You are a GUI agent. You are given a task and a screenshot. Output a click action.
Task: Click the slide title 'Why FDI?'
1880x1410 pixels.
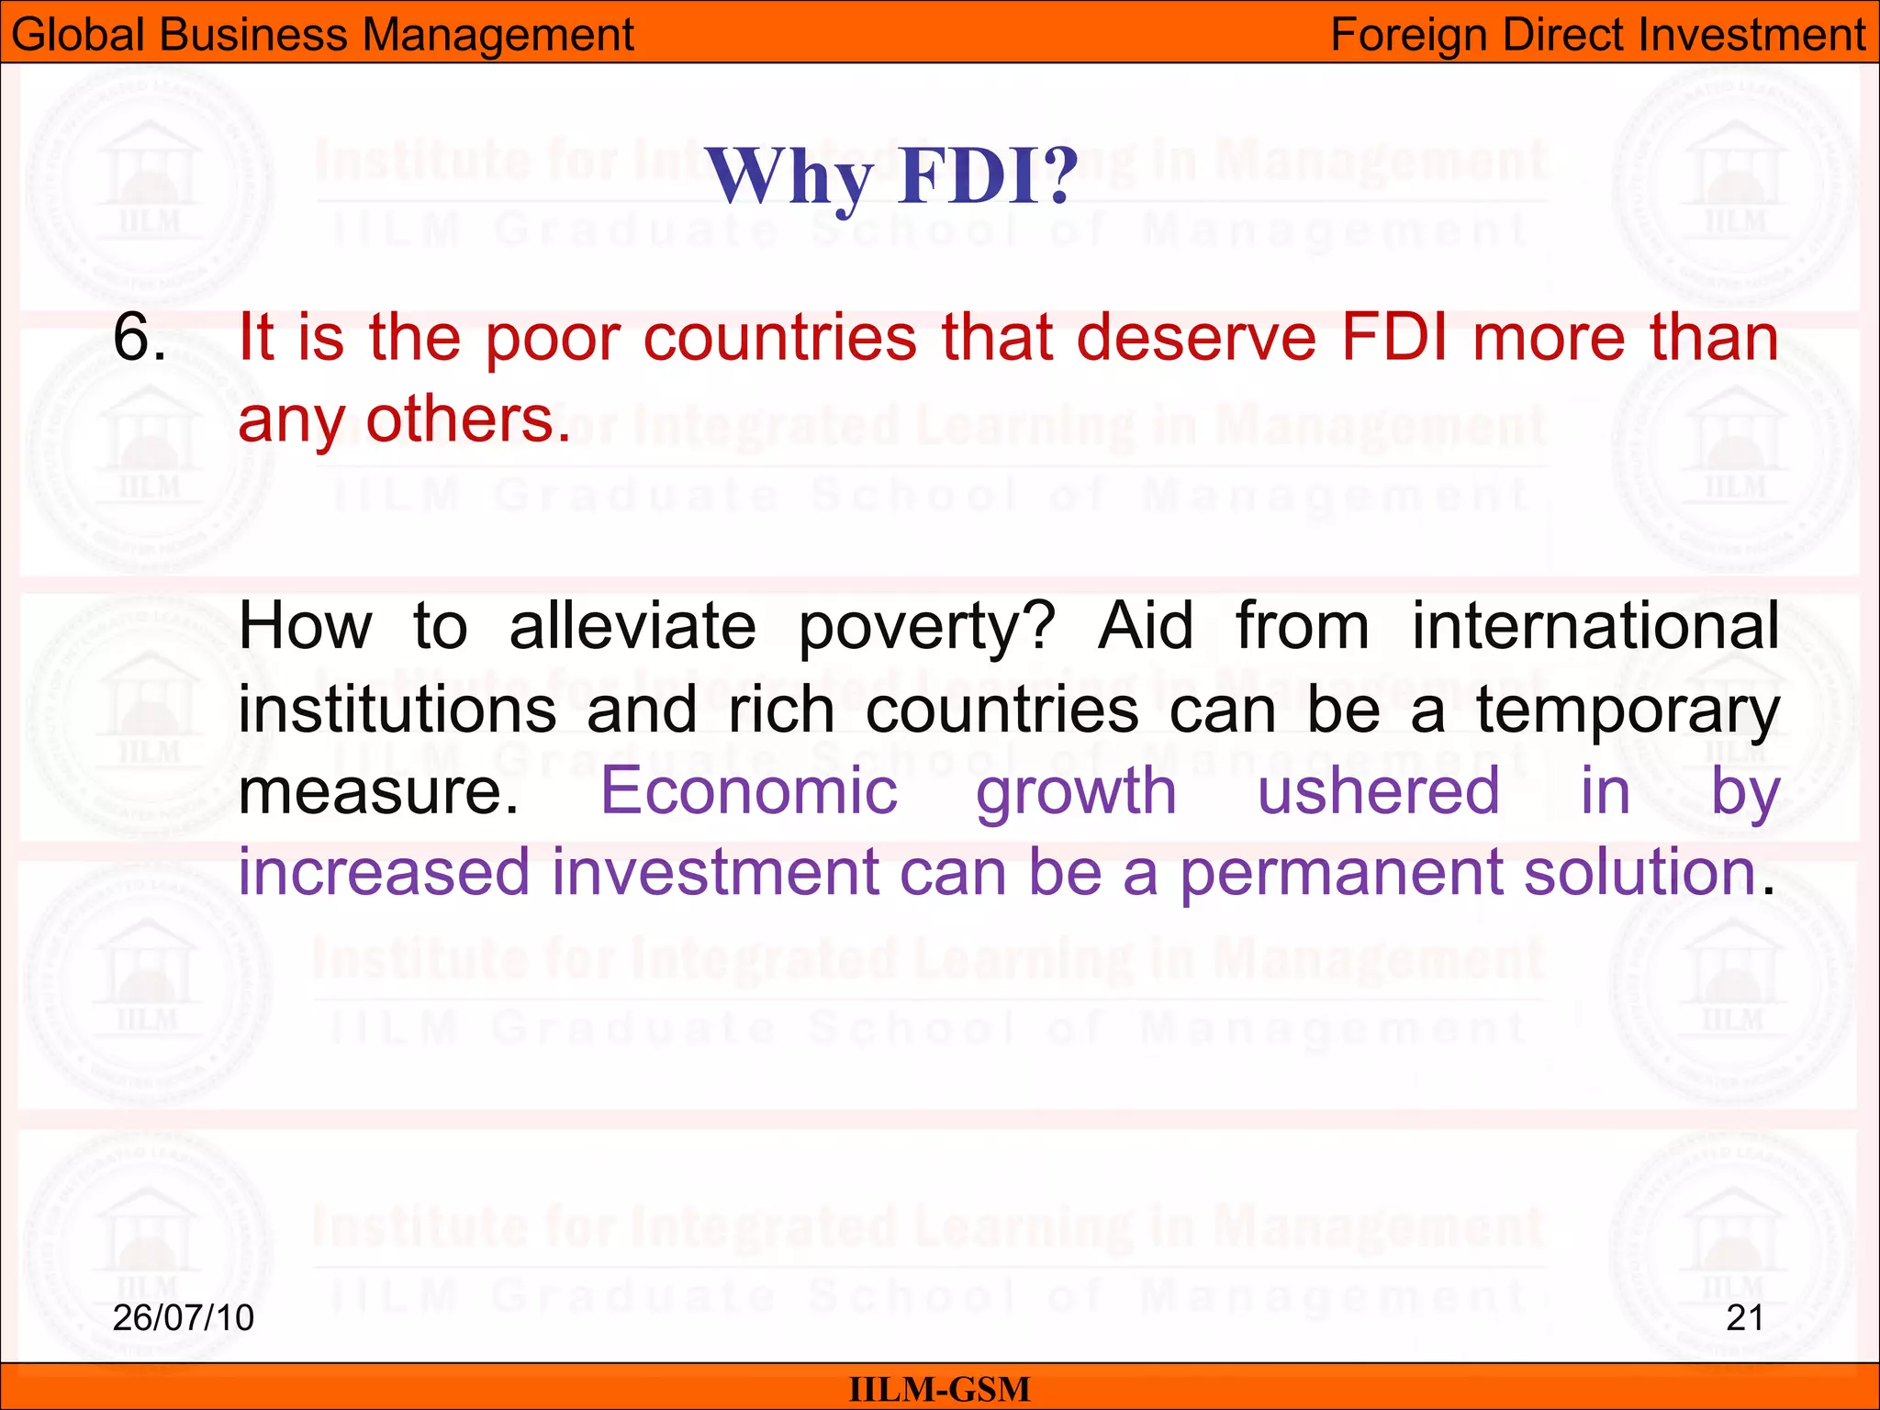coord(891,176)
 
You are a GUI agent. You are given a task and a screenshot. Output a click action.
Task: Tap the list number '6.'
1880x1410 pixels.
coord(140,338)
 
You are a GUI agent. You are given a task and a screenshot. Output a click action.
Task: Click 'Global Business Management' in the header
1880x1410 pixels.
coord(322,35)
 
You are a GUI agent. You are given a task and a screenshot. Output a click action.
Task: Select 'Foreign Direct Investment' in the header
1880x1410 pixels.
coord(1597,35)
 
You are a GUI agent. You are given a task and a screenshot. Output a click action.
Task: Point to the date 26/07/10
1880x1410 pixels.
coord(183,1317)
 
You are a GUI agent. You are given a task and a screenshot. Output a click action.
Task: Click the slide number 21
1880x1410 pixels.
coord(1744,1317)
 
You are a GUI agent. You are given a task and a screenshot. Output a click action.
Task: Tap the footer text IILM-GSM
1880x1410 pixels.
coord(939,1389)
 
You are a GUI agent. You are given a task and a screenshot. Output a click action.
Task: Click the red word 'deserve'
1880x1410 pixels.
coord(1196,338)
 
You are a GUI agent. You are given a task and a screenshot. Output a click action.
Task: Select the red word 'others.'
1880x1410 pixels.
coord(468,420)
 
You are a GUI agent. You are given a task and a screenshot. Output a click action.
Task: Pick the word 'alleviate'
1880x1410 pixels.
coord(632,626)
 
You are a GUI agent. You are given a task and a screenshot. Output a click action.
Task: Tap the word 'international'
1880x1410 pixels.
coord(1595,626)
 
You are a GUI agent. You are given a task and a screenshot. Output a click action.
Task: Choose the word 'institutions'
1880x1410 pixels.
coord(397,710)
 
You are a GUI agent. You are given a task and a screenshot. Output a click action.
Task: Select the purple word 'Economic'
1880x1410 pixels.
coord(748,791)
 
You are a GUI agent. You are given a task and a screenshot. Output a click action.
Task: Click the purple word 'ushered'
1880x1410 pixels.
coord(1378,791)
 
